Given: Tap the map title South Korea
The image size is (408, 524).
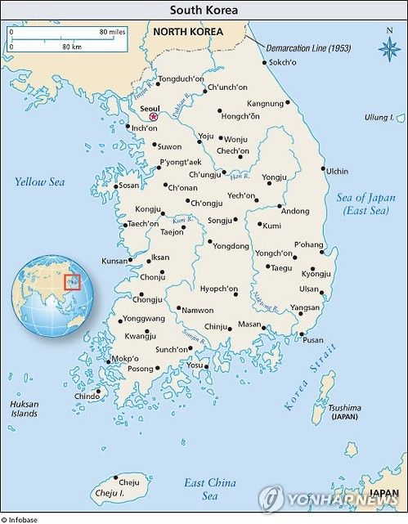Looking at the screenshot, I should [x=204, y=11].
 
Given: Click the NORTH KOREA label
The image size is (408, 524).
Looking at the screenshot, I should [x=188, y=32].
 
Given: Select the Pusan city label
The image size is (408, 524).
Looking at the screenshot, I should [x=312, y=340].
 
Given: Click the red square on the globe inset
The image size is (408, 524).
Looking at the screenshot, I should [x=73, y=282].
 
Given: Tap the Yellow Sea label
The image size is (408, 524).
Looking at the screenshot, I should [x=39, y=181].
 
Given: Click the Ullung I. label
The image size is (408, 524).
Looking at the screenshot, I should [x=379, y=118].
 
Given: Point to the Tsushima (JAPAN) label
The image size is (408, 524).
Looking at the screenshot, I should [x=344, y=412].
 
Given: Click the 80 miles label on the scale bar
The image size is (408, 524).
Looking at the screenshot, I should [x=112, y=31].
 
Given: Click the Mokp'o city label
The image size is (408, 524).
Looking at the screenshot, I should [x=125, y=359].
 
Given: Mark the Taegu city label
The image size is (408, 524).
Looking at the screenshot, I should [x=281, y=268].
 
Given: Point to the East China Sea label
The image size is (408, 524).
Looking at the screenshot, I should [x=209, y=489].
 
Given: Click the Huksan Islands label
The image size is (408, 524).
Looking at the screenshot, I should [x=24, y=409].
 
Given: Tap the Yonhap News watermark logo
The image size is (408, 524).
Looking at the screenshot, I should [x=330, y=499].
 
